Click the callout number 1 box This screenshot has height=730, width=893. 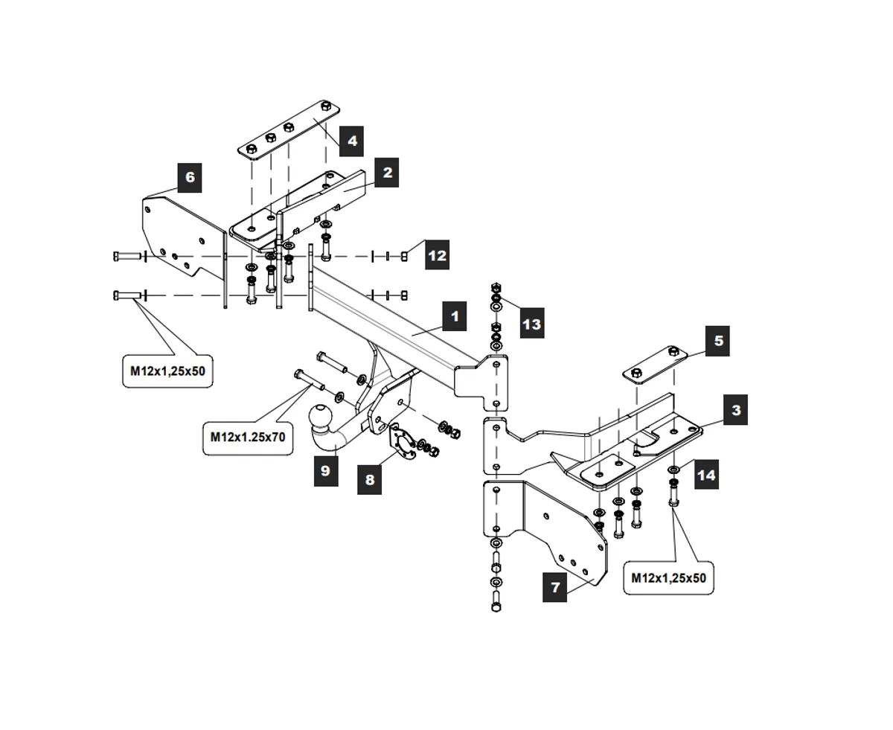pyautogui.click(x=454, y=316)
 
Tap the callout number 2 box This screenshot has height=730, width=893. pyautogui.click(x=387, y=173)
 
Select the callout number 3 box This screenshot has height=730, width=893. pyautogui.click(x=735, y=410)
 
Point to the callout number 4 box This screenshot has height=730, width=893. pyautogui.click(x=351, y=140)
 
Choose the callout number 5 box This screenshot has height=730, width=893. pyautogui.click(x=718, y=341)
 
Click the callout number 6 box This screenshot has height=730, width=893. pyautogui.click(x=190, y=177)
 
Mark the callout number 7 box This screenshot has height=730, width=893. pyautogui.click(x=555, y=587)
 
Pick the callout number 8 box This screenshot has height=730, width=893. pyautogui.click(x=370, y=479)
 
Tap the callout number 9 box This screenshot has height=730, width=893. pyautogui.click(x=325, y=471)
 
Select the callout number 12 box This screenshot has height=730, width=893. pyautogui.click(x=437, y=255)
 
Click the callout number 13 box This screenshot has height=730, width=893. pyautogui.click(x=531, y=324)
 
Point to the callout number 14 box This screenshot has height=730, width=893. pyautogui.click(x=705, y=474)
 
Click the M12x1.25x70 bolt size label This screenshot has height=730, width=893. pyautogui.click(x=247, y=437)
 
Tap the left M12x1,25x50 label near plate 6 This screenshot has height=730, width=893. pyautogui.click(x=167, y=371)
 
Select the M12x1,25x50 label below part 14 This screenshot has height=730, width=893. pyautogui.click(x=668, y=577)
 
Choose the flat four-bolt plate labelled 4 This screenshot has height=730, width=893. pyautogui.click(x=290, y=130)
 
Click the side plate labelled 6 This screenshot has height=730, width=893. pyautogui.click(x=179, y=231)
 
